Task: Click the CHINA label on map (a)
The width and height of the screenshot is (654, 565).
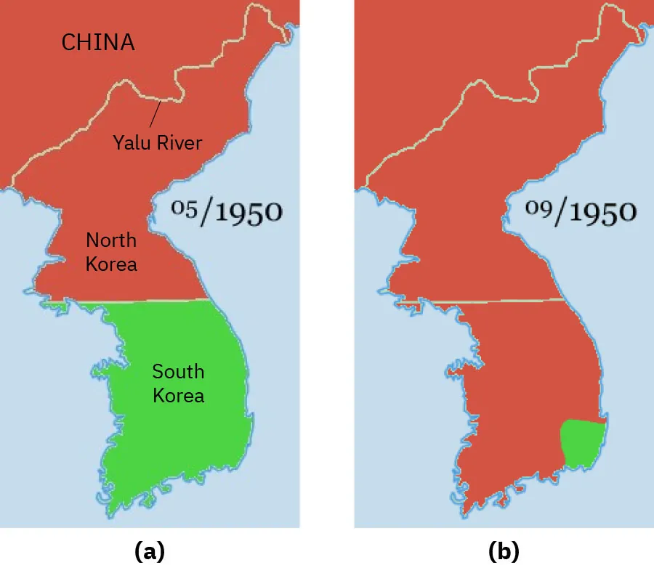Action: click(98, 42)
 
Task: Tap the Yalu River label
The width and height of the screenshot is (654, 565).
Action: click(157, 142)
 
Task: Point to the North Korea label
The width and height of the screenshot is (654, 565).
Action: click(111, 251)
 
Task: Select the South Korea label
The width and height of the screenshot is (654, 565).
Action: click(178, 383)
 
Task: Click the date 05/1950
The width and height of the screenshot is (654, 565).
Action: click(227, 211)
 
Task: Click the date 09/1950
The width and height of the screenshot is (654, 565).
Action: click(581, 211)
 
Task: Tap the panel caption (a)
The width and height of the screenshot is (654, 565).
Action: click(150, 551)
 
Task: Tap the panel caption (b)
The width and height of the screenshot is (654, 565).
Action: click(504, 551)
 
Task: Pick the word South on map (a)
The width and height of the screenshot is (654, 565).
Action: click(178, 372)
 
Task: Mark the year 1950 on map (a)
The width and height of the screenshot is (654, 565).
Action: click(241, 212)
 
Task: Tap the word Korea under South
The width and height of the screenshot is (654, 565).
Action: click(178, 396)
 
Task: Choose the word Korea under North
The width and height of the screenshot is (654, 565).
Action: click(111, 264)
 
